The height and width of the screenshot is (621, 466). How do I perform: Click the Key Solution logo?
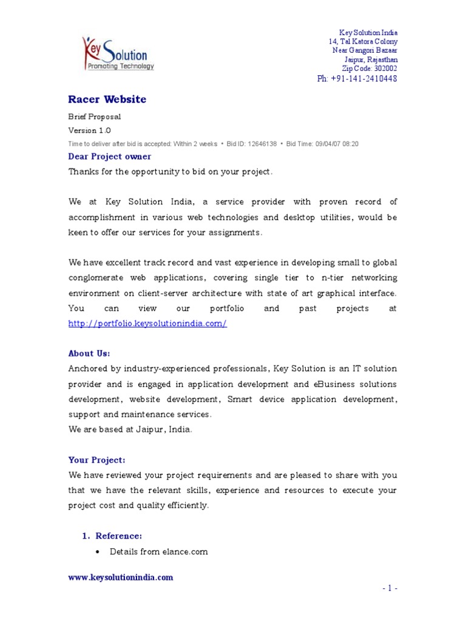[118, 54]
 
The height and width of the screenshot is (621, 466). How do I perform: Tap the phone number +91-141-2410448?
[357, 79]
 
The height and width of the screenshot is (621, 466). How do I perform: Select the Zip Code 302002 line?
[370, 69]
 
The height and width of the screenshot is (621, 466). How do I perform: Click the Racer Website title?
[107, 99]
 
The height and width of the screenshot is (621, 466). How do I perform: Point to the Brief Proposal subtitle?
[94, 116]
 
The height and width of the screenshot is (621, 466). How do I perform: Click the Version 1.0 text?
[89, 130]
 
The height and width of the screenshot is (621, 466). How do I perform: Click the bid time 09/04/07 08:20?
[337, 144]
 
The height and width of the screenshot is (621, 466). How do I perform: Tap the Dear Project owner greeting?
[110, 156]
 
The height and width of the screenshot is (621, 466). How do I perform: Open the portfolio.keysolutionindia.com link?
[147, 324]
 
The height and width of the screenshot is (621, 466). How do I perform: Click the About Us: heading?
[89, 353]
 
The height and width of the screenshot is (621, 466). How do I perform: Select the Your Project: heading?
[96, 460]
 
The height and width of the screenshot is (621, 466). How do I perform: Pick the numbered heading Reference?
[118, 536]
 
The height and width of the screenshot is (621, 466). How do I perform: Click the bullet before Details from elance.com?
[98, 552]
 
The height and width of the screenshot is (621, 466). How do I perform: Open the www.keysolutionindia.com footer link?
[121, 577]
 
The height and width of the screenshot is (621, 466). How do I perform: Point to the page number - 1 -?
[390, 589]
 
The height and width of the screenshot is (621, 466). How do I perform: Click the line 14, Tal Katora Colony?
[363, 41]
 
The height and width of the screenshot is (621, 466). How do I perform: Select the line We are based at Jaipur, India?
[130, 429]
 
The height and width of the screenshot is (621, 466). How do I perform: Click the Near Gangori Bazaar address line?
[365, 50]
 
